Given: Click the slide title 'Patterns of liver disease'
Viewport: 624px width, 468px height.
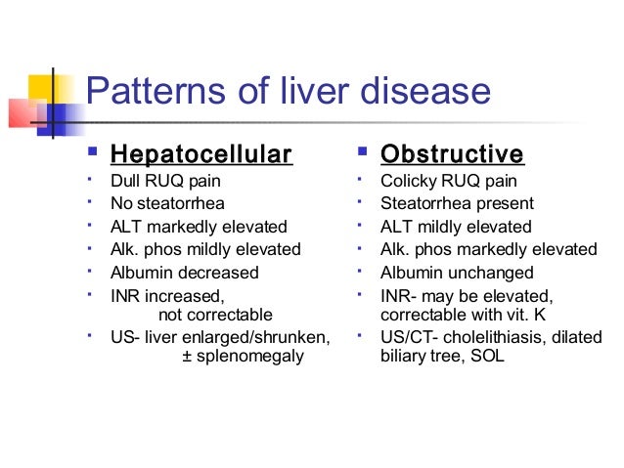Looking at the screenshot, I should (288, 93).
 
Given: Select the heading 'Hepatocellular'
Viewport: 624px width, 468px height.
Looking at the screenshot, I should (201, 155).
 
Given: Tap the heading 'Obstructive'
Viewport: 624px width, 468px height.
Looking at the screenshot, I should (452, 155).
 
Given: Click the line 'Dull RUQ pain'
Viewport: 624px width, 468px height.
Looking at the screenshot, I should (165, 182).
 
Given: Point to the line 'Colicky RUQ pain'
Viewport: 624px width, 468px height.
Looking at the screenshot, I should (449, 182).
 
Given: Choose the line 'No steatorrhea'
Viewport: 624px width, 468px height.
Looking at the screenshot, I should (168, 204).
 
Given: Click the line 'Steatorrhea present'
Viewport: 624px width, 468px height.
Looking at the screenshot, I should (457, 204).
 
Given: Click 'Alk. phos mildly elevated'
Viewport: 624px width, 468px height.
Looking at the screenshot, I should (206, 249).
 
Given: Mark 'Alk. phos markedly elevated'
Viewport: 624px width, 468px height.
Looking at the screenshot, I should (488, 249).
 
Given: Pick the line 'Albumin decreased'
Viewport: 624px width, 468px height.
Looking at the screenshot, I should (185, 273).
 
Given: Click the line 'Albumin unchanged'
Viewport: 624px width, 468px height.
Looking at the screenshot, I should (457, 273).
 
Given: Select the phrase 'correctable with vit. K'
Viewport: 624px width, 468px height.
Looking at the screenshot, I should (466, 316).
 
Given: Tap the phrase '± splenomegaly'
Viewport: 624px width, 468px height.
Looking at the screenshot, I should (244, 357).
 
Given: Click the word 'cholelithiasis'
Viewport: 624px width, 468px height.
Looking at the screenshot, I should (502, 338).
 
